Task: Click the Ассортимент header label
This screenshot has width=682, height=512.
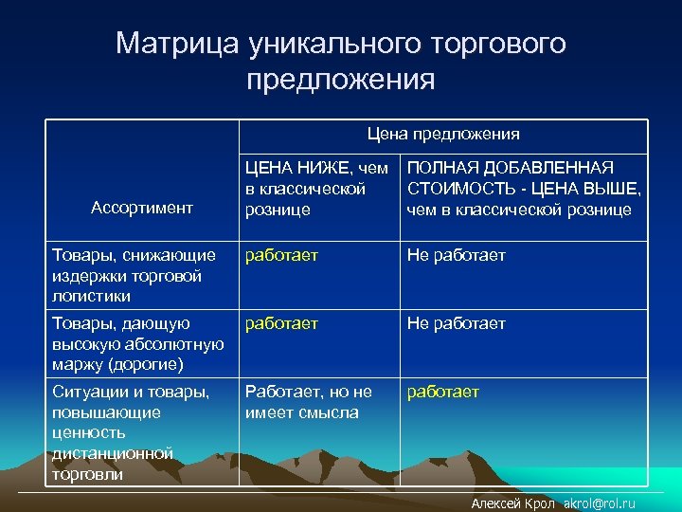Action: click(142, 207)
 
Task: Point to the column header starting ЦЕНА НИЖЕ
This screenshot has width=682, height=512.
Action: click(316, 188)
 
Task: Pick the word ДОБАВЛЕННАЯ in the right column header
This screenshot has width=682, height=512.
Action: click(554, 168)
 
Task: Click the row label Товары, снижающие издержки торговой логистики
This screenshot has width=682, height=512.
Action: click(132, 275)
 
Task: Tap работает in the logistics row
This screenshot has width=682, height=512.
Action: click(281, 255)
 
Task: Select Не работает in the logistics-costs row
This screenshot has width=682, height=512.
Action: click(456, 255)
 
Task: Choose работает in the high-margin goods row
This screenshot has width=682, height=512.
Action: click(281, 323)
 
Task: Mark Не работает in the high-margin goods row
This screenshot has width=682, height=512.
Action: click(456, 323)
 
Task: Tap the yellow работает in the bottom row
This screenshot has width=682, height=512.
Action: click(443, 392)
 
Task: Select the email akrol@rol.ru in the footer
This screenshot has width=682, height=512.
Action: click(599, 503)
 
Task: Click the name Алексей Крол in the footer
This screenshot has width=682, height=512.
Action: click(513, 503)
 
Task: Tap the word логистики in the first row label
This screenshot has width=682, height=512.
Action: click(93, 296)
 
